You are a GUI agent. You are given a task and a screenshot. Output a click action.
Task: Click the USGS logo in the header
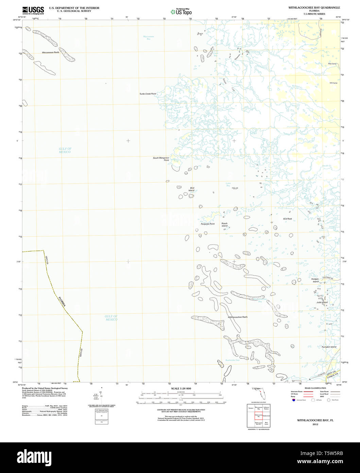click(x=33, y=10)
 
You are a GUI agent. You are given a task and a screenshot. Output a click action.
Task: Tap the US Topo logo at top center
click(x=181, y=12)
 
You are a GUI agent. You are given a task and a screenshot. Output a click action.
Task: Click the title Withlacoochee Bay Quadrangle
click(x=314, y=7)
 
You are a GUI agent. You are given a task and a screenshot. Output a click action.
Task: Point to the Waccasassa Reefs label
click(x=51, y=52)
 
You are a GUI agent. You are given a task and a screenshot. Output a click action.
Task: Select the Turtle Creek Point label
click(x=148, y=94)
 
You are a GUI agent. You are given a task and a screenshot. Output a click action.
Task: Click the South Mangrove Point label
click(x=161, y=159)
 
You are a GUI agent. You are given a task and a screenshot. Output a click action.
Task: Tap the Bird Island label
click(x=192, y=189)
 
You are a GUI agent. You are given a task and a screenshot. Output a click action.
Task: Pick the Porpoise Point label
click(x=207, y=224)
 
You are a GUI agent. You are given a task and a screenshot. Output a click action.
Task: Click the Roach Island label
click(x=225, y=225)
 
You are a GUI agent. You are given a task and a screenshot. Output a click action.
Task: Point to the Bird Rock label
click(x=287, y=219)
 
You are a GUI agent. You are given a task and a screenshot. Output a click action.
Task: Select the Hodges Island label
click(x=315, y=280)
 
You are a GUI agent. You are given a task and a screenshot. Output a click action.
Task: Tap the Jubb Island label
click(x=322, y=302)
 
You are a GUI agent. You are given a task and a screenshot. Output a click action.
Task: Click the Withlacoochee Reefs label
click(x=238, y=317)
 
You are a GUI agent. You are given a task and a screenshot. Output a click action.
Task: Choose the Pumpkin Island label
click(x=329, y=347)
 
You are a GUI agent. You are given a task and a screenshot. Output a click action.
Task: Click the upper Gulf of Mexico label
click(x=65, y=150)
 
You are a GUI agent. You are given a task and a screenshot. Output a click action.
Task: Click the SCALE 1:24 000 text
click(x=181, y=389)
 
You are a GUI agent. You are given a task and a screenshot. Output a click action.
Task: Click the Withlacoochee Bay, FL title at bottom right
click(x=315, y=420)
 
